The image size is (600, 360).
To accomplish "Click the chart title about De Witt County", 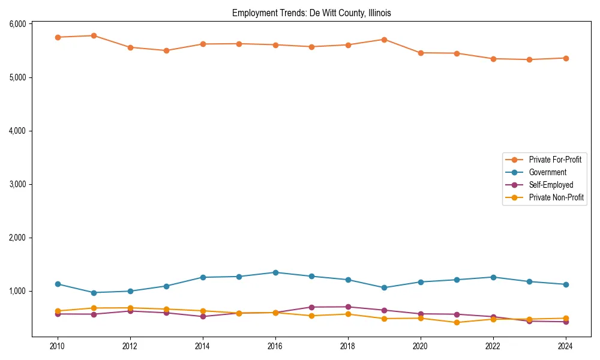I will [x=311, y=13].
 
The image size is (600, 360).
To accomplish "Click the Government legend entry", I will [x=547, y=172].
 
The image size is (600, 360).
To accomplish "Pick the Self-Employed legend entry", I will [x=551, y=185].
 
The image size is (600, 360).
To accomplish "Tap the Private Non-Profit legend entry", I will [x=556, y=197].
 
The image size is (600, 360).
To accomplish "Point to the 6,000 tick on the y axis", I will [x=17, y=24].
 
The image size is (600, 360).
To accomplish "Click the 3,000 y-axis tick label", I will [x=17, y=184].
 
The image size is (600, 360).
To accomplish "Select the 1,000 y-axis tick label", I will [x=17, y=291].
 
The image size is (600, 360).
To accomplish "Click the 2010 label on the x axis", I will [x=58, y=346].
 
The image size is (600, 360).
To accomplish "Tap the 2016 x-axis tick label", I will [x=275, y=346].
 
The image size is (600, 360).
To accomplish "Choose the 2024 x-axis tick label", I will [x=565, y=346].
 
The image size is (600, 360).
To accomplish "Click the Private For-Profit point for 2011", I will [x=94, y=35].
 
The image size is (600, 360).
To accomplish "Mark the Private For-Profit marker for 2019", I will [x=384, y=40].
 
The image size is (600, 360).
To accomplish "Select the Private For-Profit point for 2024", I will [x=565, y=58].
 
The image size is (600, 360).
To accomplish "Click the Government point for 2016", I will [x=275, y=272].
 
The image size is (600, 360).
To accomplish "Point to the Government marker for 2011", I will [x=94, y=293].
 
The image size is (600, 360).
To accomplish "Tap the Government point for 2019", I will [x=384, y=287].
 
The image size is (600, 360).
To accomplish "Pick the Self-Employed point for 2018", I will [x=347, y=307].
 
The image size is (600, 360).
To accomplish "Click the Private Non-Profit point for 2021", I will [x=457, y=322].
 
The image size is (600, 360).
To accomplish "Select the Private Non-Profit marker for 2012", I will [x=130, y=308].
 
